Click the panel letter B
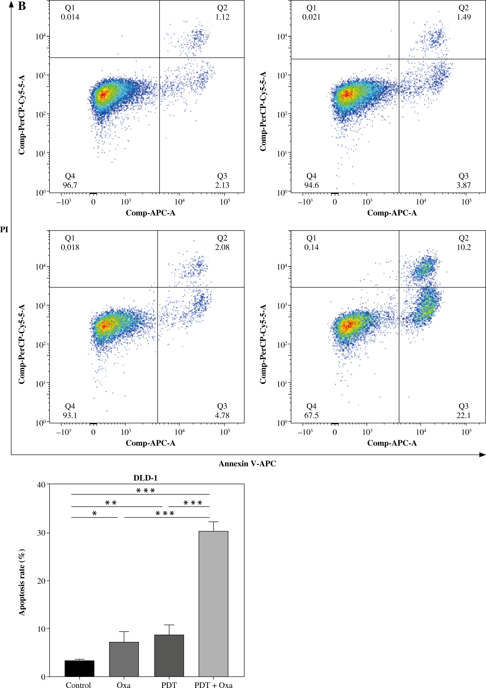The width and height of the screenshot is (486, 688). (x=22, y=6)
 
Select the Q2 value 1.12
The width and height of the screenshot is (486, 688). (x=222, y=17)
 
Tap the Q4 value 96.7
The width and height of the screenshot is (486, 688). (x=70, y=185)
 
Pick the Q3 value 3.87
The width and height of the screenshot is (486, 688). (x=463, y=185)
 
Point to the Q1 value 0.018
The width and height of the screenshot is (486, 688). (x=70, y=247)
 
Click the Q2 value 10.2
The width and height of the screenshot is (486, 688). (x=463, y=247)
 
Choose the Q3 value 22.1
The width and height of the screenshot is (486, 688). (x=463, y=415)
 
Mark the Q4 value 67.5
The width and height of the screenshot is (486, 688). (x=311, y=415)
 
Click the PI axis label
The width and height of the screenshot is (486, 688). (x=4, y=230)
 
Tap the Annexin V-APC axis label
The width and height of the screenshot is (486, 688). (x=247, y=464)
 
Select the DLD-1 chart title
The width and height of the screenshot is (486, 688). (x=145, y=478)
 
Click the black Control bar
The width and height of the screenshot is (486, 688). (x=80, y=668)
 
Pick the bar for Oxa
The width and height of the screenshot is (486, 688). (x=124, y=659)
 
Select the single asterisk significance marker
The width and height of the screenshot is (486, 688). (x=94, y=514)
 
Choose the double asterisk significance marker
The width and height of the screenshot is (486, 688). (x=111, y=503)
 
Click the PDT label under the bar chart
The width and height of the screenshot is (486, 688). (x=169, y=684)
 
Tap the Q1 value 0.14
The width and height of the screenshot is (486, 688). (x=311, y=247)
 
